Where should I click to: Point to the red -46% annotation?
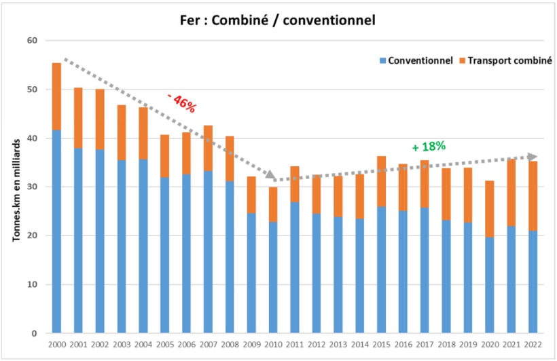point(181,103)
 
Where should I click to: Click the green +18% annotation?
point(429,146)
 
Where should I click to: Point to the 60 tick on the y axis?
point(31,41)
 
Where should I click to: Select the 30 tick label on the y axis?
point(31,187)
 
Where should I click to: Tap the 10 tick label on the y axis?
point(31,285)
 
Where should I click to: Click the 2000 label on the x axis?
point(56,344)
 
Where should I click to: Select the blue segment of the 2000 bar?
point(56,231)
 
